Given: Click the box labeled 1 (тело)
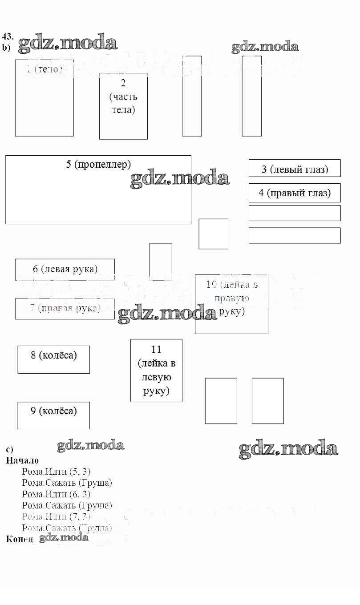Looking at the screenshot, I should coord(44,98).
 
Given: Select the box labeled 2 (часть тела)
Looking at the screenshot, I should coord(123,106).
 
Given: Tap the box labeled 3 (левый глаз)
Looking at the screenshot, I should coord(295,169).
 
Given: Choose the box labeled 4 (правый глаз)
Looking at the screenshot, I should coord(295,193).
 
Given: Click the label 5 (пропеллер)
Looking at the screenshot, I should coord(99,164).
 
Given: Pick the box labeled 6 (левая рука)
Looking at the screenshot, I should coord(65,269).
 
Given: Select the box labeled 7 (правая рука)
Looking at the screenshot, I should coord(65,308).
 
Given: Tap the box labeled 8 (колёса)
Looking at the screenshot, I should coord(53,359).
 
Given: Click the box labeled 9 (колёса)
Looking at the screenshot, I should coord(53,415).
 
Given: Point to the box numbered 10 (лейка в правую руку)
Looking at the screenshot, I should coord(231,304).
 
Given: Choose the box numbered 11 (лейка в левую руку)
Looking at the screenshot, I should coord(156,370).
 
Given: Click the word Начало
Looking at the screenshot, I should coord(22,461).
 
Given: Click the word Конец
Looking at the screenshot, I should coord(20,539).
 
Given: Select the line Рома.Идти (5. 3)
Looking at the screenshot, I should coord(56,472).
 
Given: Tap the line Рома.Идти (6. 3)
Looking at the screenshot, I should coord(56,494).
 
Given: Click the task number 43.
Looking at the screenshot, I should coord(8,36).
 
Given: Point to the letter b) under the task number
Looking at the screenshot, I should coord(6,47).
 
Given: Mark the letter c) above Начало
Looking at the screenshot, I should coord(9,450).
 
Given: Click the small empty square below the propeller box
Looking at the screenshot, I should coord(213,234).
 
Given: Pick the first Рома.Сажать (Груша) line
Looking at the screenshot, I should coord(67,483).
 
